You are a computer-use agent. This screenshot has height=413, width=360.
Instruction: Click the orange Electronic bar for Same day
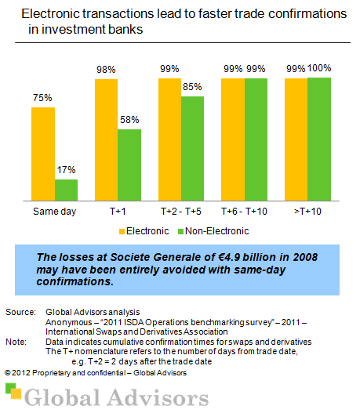43,154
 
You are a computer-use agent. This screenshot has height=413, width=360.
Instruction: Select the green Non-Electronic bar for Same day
67,190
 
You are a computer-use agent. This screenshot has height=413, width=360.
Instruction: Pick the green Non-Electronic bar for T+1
129,165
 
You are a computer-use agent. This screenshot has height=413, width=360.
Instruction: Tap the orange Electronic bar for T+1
106,140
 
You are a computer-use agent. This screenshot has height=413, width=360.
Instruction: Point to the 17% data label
66,171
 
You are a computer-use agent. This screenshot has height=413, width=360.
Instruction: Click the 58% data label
130,121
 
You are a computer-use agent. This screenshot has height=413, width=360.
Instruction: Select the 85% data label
193,88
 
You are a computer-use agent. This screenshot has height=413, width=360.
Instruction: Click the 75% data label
43,99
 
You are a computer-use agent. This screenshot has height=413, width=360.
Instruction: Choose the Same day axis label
54,212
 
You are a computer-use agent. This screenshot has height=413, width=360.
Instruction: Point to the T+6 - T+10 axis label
244,212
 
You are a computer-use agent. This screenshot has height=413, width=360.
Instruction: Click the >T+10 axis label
307,212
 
